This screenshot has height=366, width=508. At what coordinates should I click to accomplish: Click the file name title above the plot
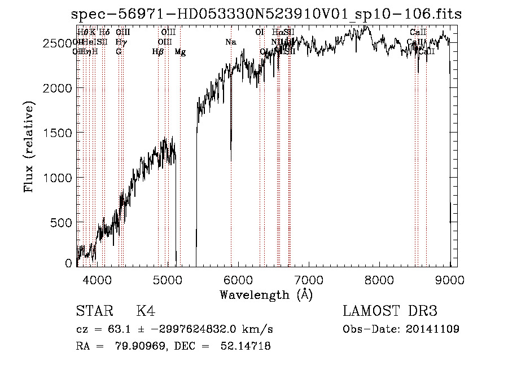click(266, 15)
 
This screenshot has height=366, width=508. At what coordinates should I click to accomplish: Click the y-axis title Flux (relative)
click(29, 147)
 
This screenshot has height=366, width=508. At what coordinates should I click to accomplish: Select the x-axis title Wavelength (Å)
click(266, 294)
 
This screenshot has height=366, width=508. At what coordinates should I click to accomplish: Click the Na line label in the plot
click(230, 42)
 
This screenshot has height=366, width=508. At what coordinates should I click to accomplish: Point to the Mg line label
click(180, 52)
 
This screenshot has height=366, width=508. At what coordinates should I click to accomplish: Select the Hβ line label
click(158, 52)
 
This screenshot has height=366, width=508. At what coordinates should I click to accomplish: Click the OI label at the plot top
click(260, 33)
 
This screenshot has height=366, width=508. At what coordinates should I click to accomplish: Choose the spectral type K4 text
click(146, 311)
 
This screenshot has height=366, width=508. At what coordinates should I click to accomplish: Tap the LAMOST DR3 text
click(390, 311)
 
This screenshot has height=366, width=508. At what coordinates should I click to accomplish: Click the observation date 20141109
click(433, 329)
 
